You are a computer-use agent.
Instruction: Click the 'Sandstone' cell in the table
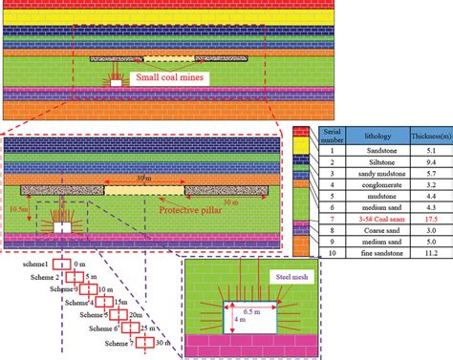[x=362, y=152]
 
